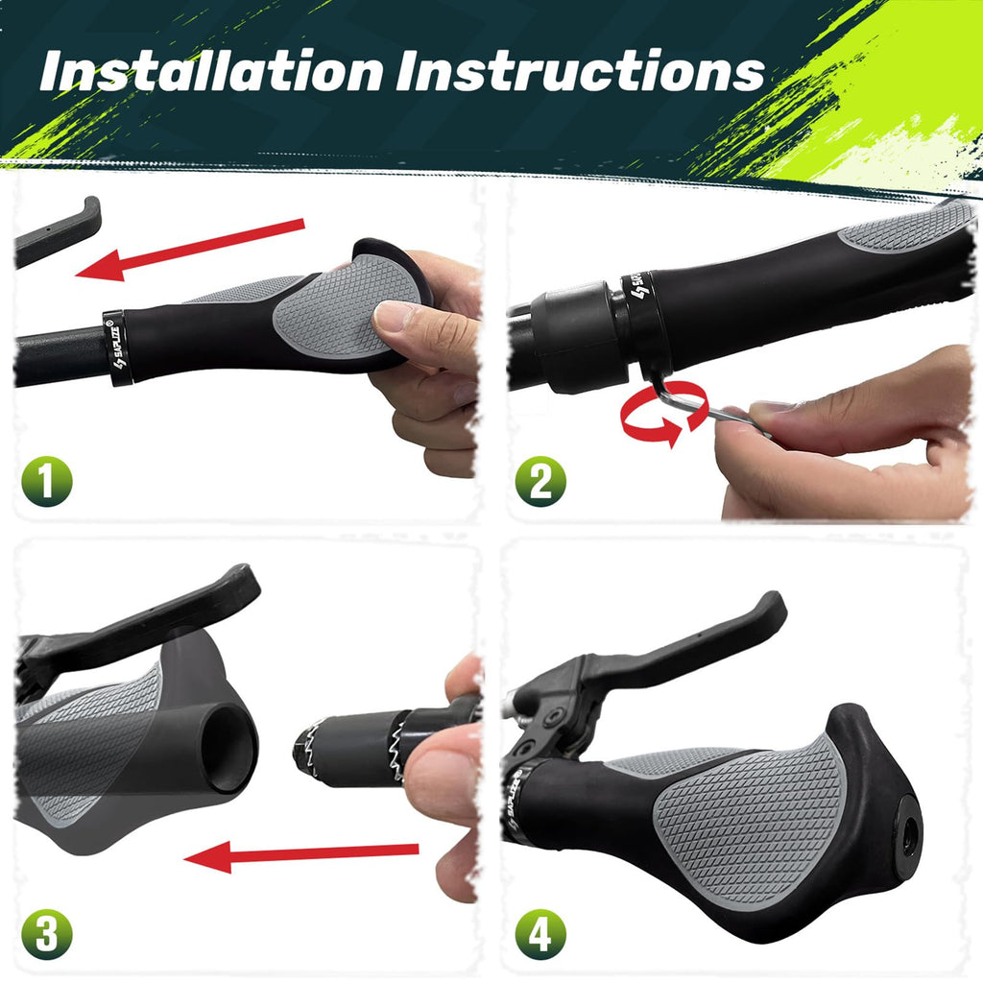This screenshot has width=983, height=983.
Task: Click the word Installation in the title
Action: click(x=210, y=71)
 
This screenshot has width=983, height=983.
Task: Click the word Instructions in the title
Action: click(x=580, y=71)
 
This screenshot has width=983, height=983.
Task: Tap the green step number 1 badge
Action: click(x=47, y=482)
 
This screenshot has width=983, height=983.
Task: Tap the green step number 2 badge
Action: click(x=540, y=482)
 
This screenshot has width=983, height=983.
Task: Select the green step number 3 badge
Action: click(x=47, y=934)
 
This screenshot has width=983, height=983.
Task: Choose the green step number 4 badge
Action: click(x=540, y=934)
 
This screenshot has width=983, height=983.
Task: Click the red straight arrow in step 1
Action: click(x=190, y=250)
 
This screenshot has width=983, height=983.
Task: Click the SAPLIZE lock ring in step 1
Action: click(x=116, y=348)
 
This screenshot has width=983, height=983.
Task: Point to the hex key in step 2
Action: click(x=702, y=401)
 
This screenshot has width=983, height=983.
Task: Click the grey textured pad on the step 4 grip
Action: click(x=753, y=822)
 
